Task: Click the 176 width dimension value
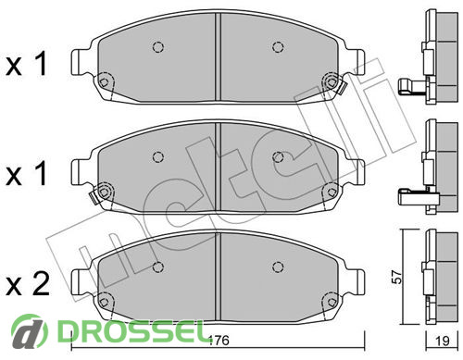pos(219,341)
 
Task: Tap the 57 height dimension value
pos(397,277)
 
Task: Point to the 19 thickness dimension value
pos(442,341)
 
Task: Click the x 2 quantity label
pos(28,285)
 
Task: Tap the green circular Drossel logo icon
pos(30,331)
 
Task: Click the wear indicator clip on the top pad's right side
pos(342,88)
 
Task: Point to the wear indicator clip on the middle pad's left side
pos(93,197)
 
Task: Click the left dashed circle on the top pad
pos(158,47)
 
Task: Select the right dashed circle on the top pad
pos(278,47)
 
